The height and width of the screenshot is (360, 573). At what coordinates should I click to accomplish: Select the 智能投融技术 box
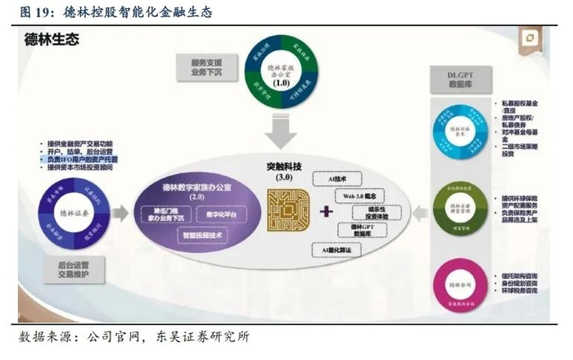[x=203, y=235]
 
